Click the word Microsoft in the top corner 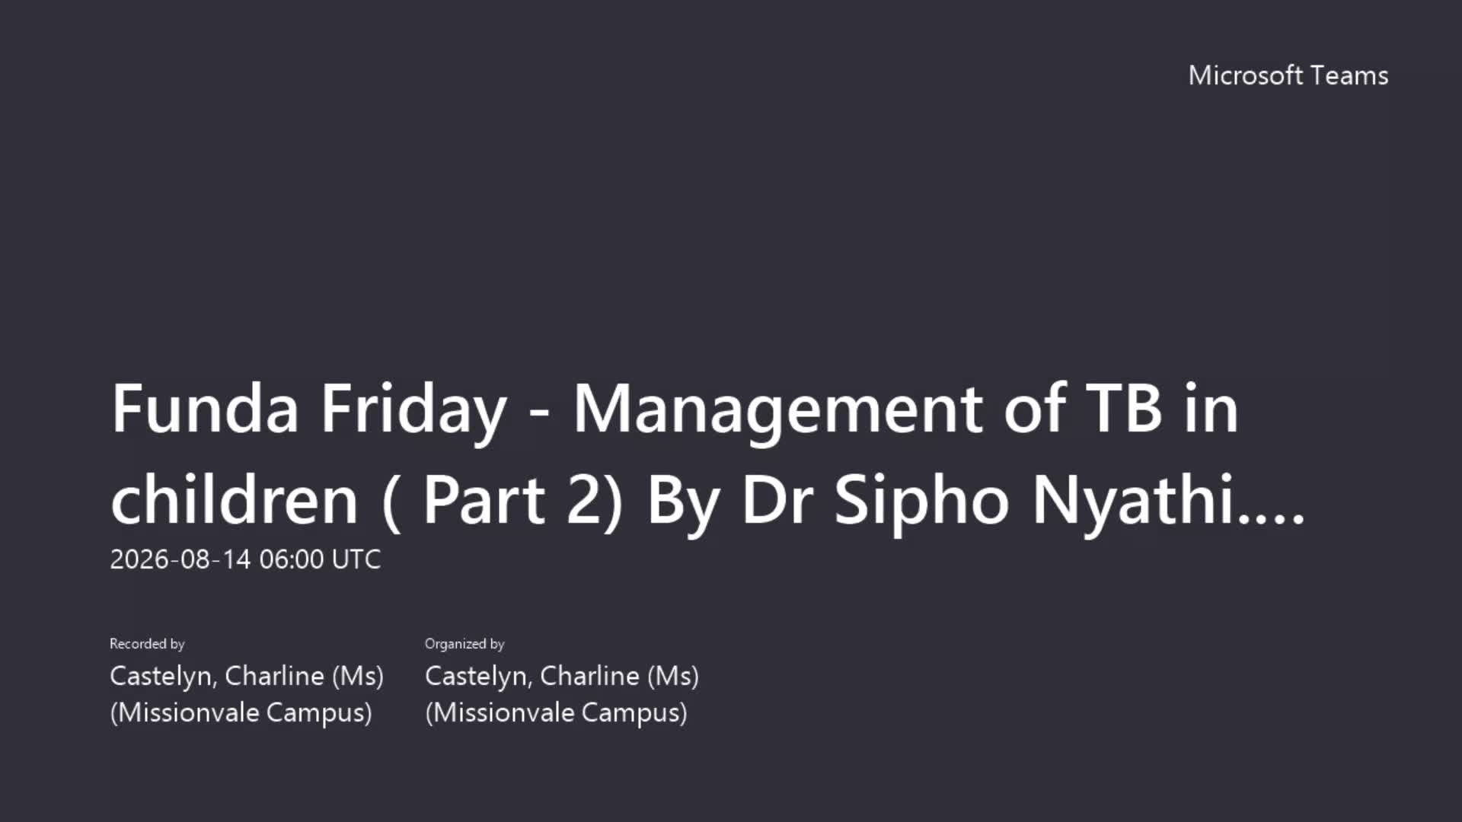pyautogui.click(x=1246, y=75)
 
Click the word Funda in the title pyautogui.click(x=205, y=409)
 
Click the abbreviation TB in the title pyautogui.click(x=1124, y=409)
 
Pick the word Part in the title pyautogui.click(x=484, y=500)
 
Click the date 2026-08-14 pyautogui.click(x=180, y=559)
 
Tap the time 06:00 pyautogui.click(x=292, y=559)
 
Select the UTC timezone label pyautogui.click(x=356, y=559)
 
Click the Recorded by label pyautogui.click(x=147, y=644)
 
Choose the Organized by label pyautogui.click(x=464, y=644)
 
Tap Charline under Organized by pyautogui.click(x=590, y=676)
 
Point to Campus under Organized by pyautogui.click(x=634, y=713)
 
